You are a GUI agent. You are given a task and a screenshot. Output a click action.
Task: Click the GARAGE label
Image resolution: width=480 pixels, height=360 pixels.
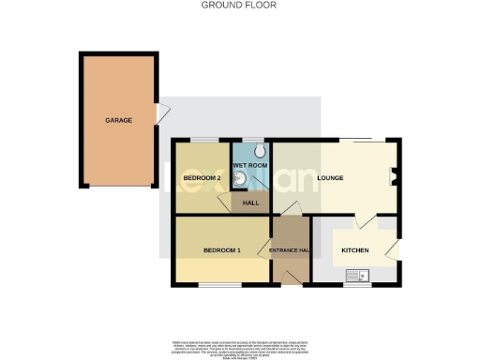coord(118,120)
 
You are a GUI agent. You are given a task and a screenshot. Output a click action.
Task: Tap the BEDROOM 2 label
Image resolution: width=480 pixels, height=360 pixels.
coord(202,177)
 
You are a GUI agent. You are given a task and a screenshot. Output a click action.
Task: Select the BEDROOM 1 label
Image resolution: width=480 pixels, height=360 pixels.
coord(223,250)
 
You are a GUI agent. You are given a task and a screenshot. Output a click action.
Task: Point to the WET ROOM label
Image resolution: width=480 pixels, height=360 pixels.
coord(251,166)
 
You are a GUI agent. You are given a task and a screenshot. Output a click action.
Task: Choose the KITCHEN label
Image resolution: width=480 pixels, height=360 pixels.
coord(354,250)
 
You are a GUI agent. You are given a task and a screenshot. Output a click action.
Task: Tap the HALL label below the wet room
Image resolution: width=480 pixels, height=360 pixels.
coord(251,203)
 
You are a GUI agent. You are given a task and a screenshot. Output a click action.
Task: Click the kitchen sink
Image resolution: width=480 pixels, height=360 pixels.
coord(356,275)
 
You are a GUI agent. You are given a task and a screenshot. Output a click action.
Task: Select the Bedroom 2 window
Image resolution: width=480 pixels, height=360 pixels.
coord(199,140)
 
